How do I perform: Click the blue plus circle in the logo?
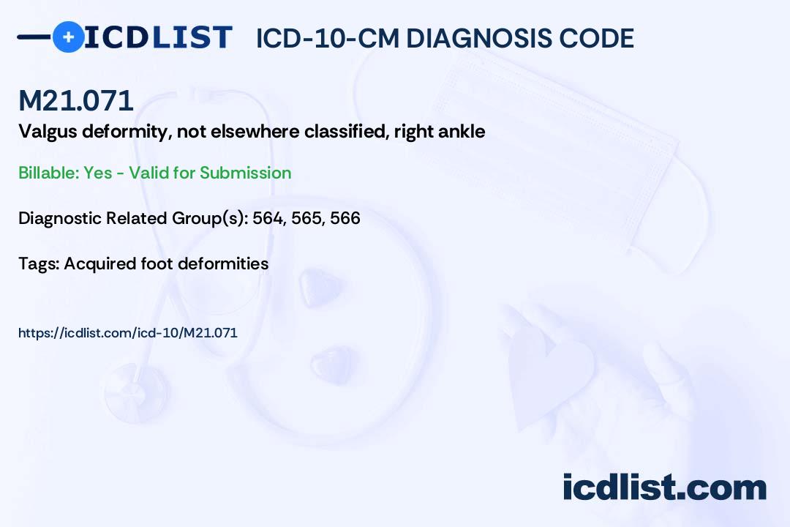point(69,37)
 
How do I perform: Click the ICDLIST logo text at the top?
point(158,37)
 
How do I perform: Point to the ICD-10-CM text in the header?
point(327,38)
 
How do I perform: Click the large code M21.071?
point(76,100)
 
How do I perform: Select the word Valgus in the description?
point(48,132)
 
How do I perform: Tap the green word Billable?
point(48,173)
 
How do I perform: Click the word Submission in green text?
point(245,173)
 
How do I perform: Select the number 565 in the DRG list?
point(307,218)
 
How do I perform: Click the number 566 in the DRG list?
point(345,218)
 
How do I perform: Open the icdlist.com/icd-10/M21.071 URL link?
point(128,333)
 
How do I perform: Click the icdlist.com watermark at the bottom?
point(664,487)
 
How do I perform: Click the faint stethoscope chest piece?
point(136,392)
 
